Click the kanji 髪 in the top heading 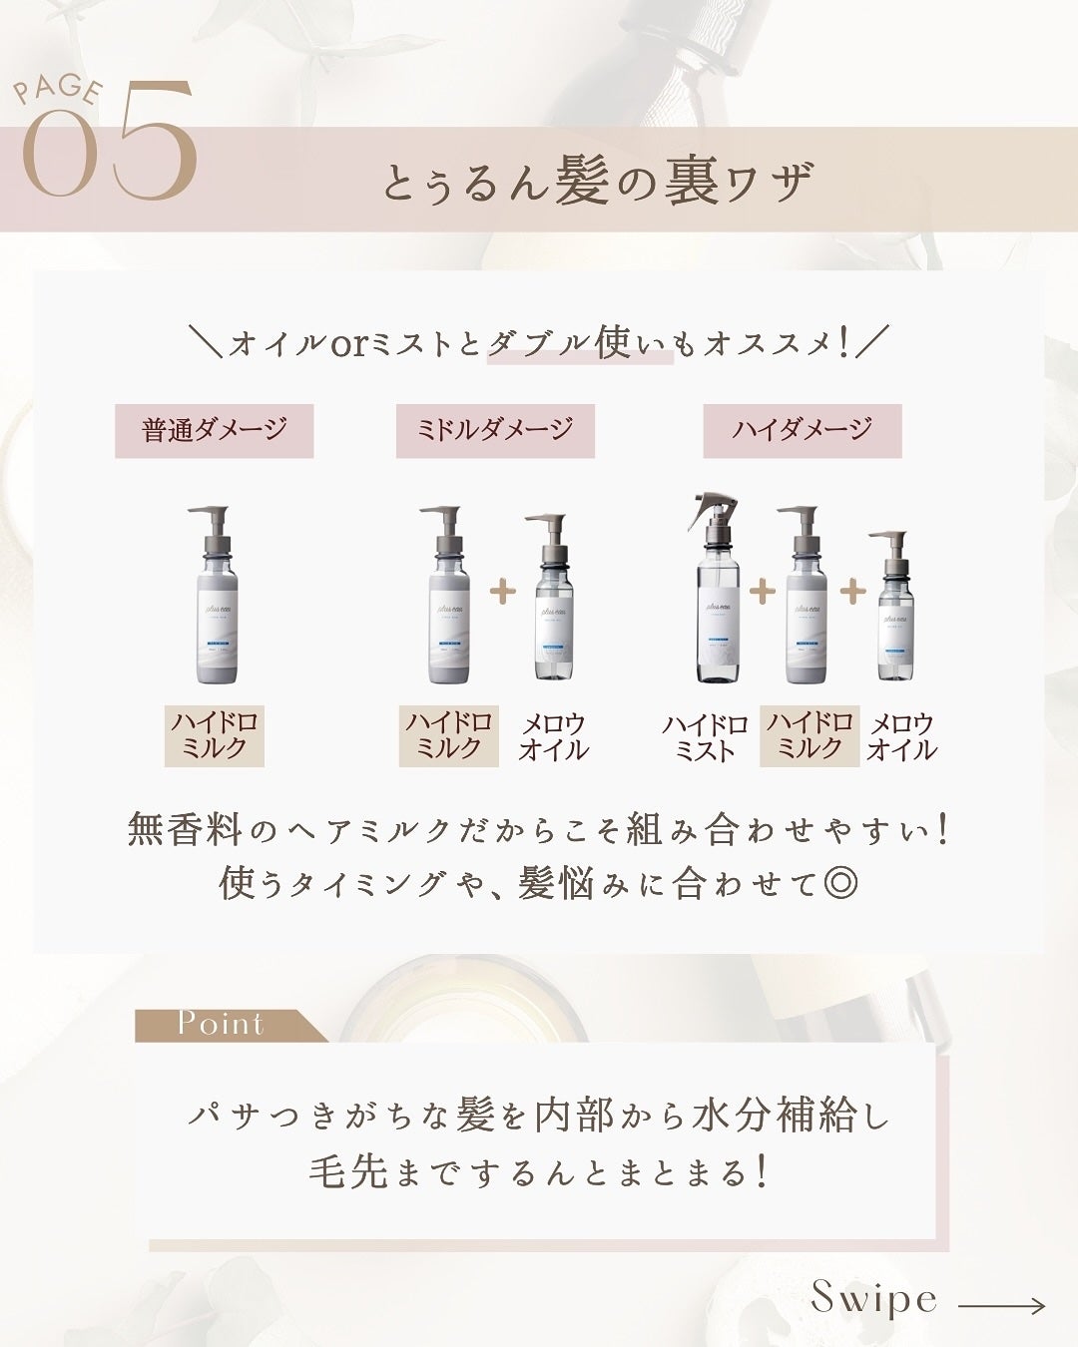[x=582, y=183]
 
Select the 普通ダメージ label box [x=214, y=430]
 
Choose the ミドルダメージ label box [x=495, y=430]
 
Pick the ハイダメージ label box [x=802, y=430]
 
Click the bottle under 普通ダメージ [x=213, y=596]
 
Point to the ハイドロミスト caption [x=705, y=737]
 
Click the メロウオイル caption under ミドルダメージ [x=553, y=736]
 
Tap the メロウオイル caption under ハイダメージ [x=901, y=736]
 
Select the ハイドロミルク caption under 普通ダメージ [x=214, y=735]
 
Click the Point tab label [x=221, y=1024]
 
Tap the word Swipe [x=874, y=1298]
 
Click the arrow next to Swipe [x=1001, y=1305]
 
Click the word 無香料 [x=186, y=829]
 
